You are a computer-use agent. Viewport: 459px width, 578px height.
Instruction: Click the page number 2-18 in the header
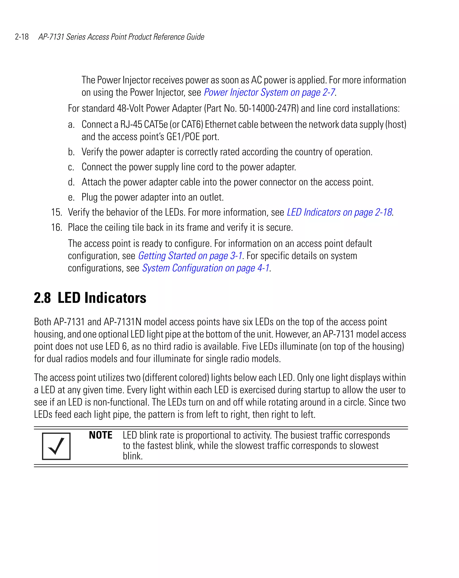click(22, 37)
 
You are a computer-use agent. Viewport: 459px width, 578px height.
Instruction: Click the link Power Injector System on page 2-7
click(269, 93)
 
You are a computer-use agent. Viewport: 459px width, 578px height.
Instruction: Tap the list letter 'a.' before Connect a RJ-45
click(71, 125)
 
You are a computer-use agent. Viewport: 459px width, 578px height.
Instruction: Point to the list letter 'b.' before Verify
click(71, 152)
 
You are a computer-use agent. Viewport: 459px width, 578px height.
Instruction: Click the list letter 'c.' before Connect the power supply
click(71, 167)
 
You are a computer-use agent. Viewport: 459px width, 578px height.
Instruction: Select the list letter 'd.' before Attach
click(71, 182)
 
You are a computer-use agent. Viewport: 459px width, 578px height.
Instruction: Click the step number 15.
click(56, 212)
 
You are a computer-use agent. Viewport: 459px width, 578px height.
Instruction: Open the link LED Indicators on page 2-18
click(339, 212)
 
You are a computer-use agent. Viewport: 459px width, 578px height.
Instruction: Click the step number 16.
click(56, 228)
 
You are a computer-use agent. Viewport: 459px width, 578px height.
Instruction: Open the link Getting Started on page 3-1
click(190, 256)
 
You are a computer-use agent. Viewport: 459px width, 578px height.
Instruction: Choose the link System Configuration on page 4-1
click(206, 268)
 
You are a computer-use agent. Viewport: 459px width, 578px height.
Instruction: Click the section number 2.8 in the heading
click(42, 298)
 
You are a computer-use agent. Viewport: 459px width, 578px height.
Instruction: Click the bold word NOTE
click(101, 435)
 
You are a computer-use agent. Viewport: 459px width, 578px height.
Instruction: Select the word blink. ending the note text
click(133, 456)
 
